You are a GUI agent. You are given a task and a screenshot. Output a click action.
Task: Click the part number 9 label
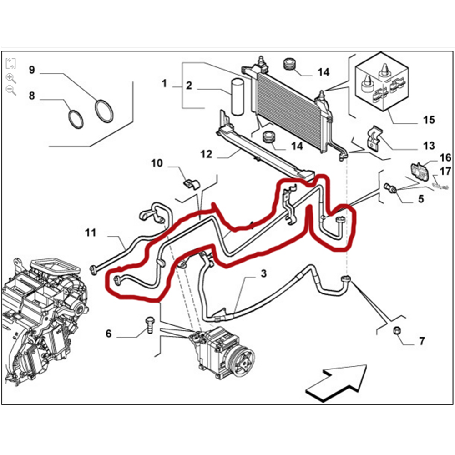tap(31, 70)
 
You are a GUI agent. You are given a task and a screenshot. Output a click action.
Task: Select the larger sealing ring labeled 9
tap(104, 111)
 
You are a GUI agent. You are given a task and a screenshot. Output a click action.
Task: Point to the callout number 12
tap(206, 155)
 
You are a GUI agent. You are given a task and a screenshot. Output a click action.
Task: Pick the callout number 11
tap(91, 233)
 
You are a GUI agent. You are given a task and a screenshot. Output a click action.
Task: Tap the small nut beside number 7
tap(397, 331)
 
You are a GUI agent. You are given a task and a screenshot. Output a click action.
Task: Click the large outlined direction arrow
tap(337, 380)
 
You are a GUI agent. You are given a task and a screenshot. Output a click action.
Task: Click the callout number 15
tap(429, 120)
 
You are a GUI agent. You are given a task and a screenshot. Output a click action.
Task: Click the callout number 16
tap(445, 158)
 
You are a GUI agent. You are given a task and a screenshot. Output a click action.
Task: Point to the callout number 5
tap(420, 199)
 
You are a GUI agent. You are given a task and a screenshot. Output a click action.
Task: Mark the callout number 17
tap(445, 172)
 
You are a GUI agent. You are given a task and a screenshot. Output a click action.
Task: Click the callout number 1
tap(164, 84)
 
